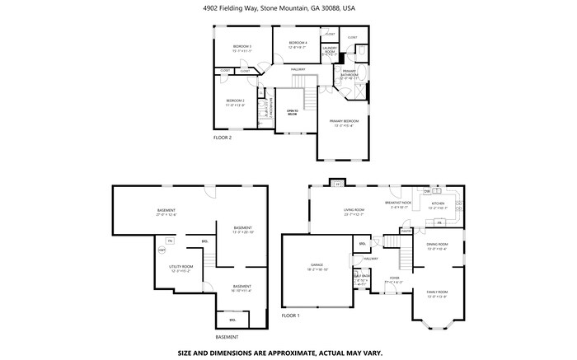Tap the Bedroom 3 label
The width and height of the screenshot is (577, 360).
(242, 48)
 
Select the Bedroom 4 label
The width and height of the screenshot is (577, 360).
(297, 44)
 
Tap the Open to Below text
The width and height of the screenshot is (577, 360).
(292, 112)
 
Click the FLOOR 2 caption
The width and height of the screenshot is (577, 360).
(223, 137)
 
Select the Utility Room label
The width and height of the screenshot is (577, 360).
(181, 268)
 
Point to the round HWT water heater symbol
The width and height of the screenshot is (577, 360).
(162, 249)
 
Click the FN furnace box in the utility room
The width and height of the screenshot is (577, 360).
(171, 241)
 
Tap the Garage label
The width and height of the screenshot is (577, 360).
(317, 267)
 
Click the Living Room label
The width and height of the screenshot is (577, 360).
(354, 211)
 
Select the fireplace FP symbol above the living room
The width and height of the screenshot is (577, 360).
(338, 184)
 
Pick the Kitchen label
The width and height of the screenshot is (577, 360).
(438, 205)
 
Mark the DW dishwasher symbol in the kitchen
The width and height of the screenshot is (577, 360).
(427, 191)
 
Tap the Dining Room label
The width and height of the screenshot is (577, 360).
(437, 245)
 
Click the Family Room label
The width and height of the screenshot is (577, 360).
(437, 294)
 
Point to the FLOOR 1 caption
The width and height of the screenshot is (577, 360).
(291, 316)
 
